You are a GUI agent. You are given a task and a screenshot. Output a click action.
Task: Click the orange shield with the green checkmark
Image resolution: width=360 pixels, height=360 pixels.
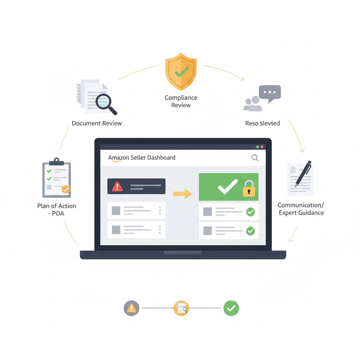181,71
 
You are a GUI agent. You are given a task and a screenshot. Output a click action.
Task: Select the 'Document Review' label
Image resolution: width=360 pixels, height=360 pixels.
97,123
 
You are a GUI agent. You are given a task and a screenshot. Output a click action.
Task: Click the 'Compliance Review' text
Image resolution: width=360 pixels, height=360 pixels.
181,101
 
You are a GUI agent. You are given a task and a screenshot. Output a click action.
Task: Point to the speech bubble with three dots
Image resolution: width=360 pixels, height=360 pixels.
270,93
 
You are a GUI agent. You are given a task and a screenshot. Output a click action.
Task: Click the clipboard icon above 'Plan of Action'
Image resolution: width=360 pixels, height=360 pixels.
57,179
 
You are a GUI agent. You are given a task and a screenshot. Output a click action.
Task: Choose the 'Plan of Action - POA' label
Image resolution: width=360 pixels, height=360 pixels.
57,209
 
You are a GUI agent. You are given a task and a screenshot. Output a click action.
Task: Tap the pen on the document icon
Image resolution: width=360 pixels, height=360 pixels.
303,173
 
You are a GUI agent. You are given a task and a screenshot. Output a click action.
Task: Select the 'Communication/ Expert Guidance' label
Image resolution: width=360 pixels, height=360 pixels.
301,209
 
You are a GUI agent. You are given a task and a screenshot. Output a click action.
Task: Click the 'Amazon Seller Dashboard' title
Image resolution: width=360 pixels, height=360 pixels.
142,157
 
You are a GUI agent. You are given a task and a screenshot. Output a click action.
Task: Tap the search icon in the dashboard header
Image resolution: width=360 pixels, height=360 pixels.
255,158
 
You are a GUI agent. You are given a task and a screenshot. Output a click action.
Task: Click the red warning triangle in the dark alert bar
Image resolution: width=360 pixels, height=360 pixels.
117,186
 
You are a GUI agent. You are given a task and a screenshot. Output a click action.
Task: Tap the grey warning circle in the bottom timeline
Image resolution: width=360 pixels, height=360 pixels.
131,308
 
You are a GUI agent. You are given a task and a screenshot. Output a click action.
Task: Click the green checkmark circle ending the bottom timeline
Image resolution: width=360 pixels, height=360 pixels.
231,308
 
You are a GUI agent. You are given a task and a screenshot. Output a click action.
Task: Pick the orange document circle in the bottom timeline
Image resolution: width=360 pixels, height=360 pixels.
181,308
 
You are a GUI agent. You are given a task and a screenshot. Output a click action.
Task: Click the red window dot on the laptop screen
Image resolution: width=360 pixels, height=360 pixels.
262,147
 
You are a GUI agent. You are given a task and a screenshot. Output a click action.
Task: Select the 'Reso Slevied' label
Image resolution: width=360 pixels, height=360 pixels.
262,123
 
